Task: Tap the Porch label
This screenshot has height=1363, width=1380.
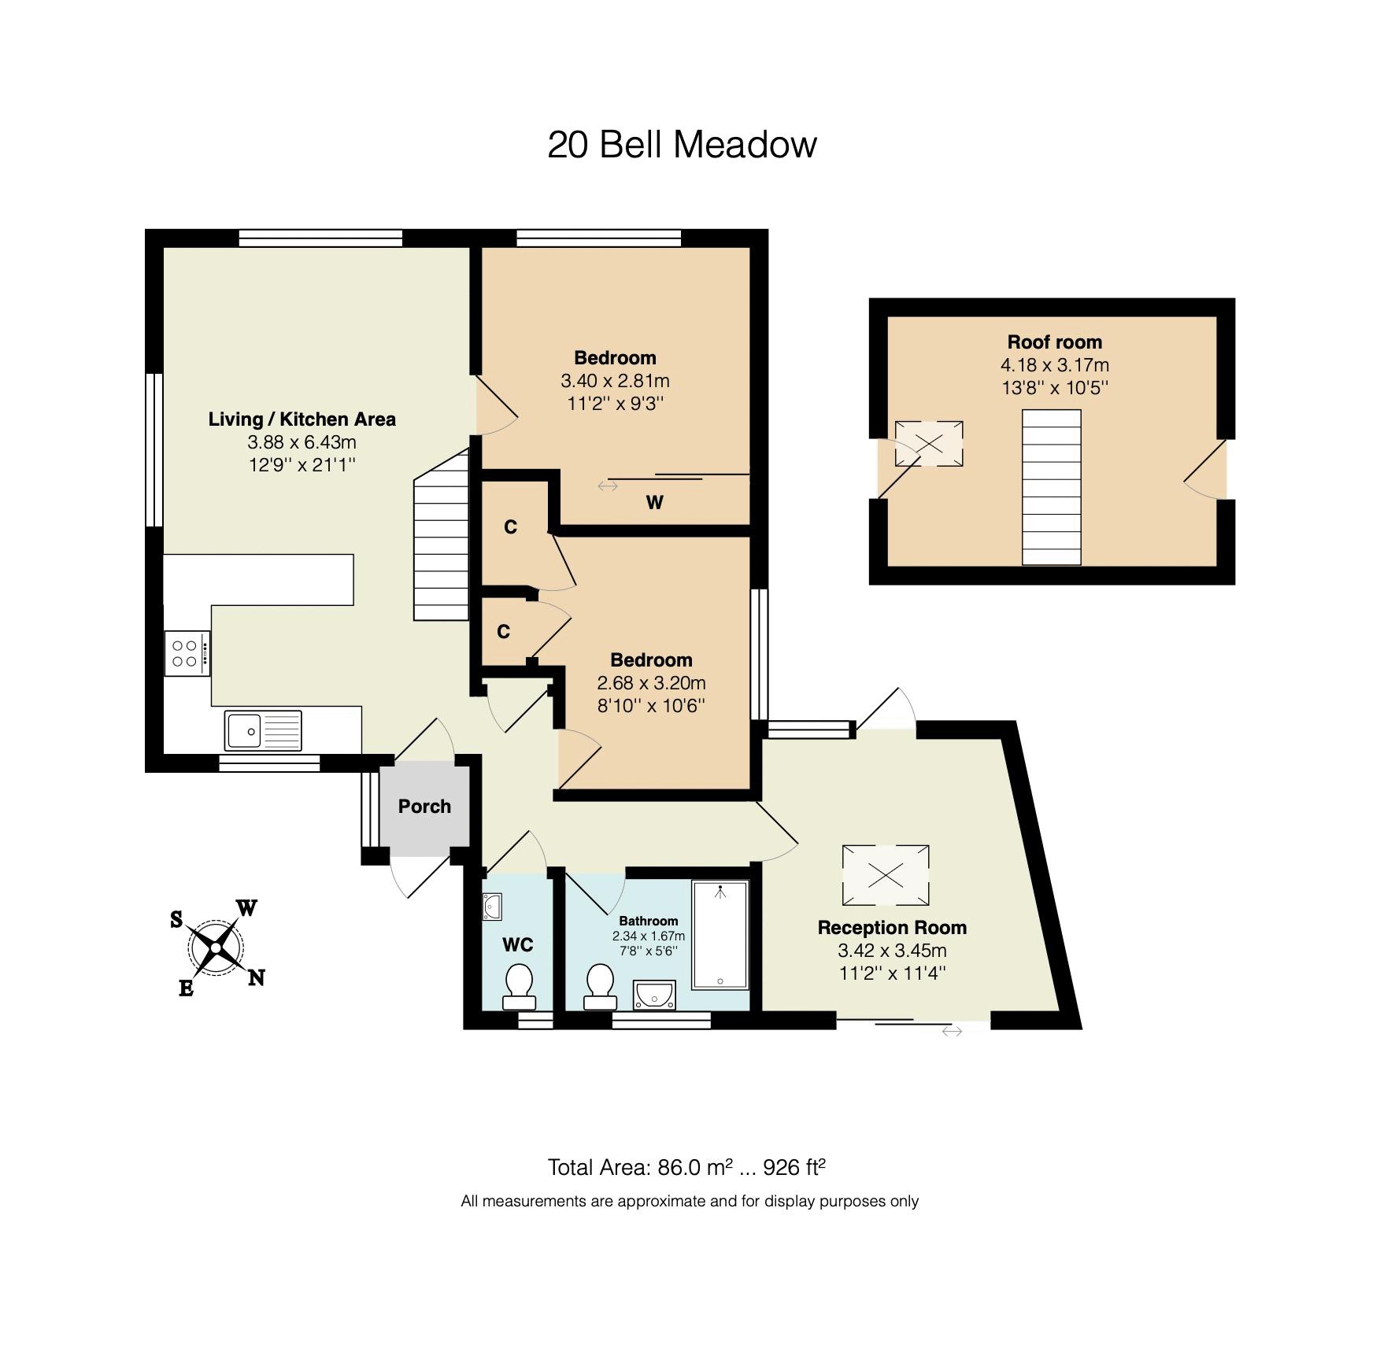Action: pyautogui.click(x=424, y=807)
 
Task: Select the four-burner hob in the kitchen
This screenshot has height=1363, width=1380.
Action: pyautogui.click(x=187, y=653)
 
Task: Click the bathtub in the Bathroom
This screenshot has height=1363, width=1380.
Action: pyautogui.click(x=720, y=934)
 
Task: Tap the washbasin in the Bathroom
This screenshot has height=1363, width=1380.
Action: pyautogui.click(x=655, y=994)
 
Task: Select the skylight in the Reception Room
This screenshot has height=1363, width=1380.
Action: pyautogui.click(x=886, y=875)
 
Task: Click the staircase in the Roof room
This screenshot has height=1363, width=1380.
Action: pyautogui.click(x=1052, y=487)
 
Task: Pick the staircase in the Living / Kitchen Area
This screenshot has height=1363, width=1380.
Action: pyautogui.click(x=442, y=535)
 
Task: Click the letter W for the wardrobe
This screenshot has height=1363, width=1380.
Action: pyautogui.click(x=654, y=503)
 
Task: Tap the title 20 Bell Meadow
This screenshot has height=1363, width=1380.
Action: pyautogui.click(x=683, y=145)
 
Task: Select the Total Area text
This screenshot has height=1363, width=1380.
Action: pyautogui.click(x=686, y=1167)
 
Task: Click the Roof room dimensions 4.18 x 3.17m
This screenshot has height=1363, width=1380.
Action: pyautogui.click(x=1055, y=365)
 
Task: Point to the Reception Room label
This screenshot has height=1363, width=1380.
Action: pyautogui.click(x=892, y=928)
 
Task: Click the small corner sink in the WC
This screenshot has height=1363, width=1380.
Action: pyautogui.click(x=492, y=907)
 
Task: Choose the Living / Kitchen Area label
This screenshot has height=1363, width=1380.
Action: pyautogui.click(x=302, y=419)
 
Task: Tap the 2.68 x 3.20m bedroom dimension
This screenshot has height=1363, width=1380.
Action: pyautogui.click(x=651, y=683)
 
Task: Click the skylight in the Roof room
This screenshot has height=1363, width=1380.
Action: pyautogui.click(x=929, y=444)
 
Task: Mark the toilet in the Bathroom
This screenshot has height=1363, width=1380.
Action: pyautogui.click(x=600, y=987)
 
